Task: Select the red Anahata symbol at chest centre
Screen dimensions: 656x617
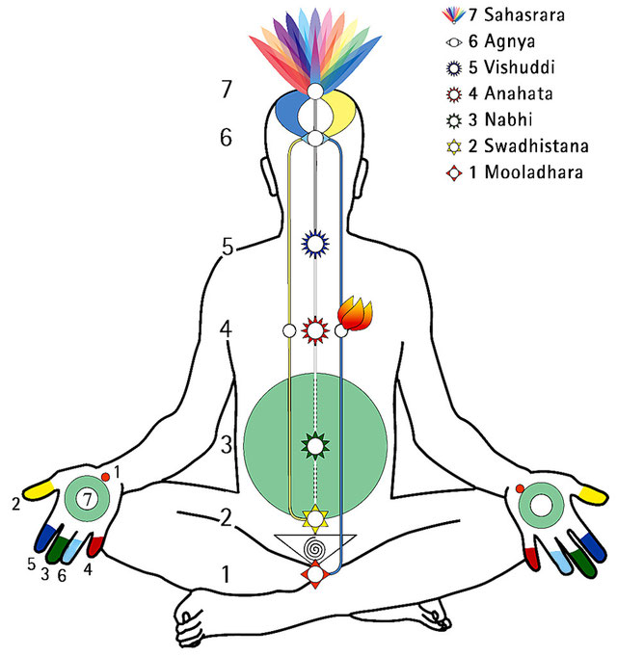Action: point(314,331)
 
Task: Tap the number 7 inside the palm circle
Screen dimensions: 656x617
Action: point(87,498)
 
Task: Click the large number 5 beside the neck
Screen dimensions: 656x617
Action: point(228,247)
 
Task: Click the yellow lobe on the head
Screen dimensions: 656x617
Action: point(340,113)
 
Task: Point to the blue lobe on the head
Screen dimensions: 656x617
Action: point(286,113)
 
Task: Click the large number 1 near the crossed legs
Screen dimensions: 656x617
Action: point(226,576)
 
